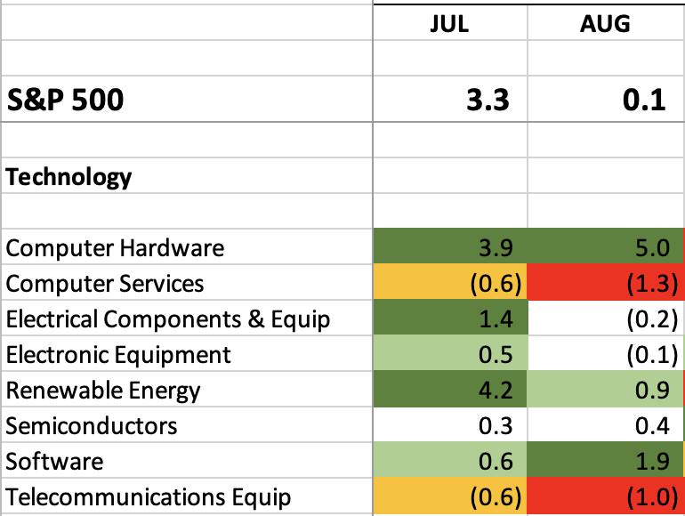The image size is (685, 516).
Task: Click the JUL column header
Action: point(449,24)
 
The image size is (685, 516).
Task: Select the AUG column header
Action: point(605,24)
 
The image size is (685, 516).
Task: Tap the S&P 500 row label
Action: point(66,100)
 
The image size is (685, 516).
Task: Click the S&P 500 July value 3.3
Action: point(488,100)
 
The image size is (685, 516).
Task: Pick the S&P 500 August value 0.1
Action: point(644,100)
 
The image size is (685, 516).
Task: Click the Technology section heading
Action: point(68,177)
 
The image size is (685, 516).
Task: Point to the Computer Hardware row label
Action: point(115,248)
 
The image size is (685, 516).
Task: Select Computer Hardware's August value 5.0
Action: point(652,248)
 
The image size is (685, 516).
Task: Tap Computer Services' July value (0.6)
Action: point(496,284)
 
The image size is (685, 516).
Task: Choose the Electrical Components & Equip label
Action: point(168,319)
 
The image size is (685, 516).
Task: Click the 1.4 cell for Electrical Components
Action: point(496,319)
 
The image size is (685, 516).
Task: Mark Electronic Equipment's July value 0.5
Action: point(496,355)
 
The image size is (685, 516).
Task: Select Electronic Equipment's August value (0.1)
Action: point(652,355)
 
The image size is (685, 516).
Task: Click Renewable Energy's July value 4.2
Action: point(496,391)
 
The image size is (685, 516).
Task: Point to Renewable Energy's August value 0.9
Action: point(652,391)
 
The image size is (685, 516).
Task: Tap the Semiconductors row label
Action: point(92,426)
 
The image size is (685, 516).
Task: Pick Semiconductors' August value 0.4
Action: point(652,426)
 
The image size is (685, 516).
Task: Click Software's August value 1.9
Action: point(652,462)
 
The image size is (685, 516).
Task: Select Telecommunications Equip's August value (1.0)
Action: point(652,496)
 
